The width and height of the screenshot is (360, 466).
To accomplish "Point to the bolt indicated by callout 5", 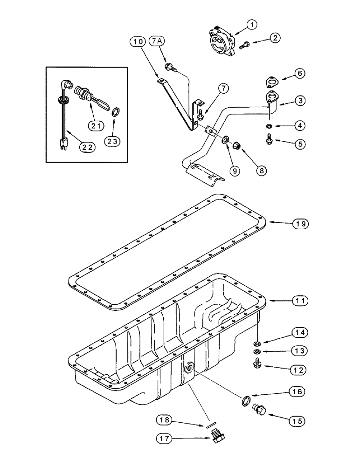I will click(269, 138).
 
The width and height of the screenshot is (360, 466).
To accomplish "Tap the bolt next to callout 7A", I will click(170, 68).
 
